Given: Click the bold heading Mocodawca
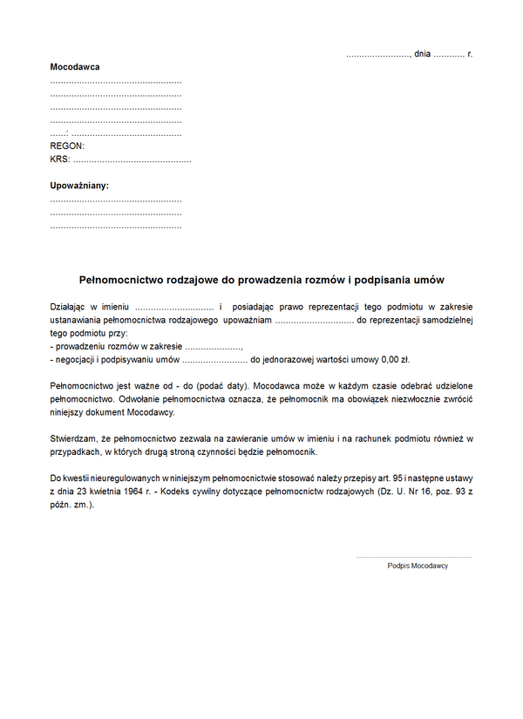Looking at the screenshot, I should coord(75,67).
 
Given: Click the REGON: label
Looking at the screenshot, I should coord(67,146).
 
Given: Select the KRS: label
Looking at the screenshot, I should coord(60,159).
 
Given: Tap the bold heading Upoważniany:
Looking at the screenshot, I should coord(79,186).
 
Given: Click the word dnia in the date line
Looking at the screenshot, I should coord(423,54).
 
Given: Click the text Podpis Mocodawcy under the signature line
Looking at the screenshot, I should coord(418,566).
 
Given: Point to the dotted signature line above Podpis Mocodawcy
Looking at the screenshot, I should coord(413,556).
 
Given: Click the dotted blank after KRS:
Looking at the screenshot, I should coord(132,160).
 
